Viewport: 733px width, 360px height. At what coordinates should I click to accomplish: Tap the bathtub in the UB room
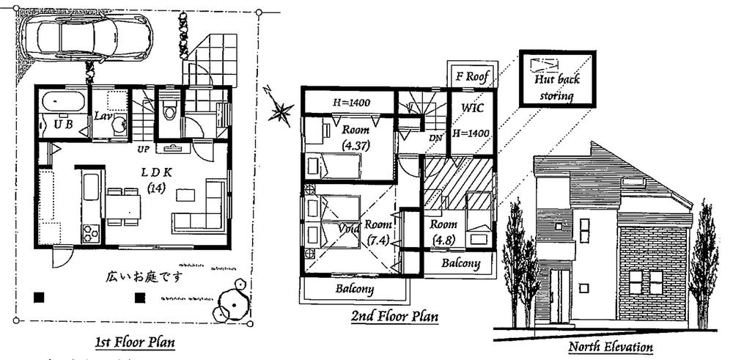(62, 102)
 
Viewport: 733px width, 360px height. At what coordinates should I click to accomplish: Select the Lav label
(102, 116)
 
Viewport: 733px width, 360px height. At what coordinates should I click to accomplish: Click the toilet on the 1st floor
(170, 111)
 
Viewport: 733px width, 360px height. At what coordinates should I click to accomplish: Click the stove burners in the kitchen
(89, 233)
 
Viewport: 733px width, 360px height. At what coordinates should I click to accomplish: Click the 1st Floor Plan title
(135, 342)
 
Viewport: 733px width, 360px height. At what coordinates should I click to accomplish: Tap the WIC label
(471, 108)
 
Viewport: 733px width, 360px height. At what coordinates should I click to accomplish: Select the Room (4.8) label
(443, 229)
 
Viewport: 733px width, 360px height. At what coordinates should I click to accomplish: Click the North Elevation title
(611, 345)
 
